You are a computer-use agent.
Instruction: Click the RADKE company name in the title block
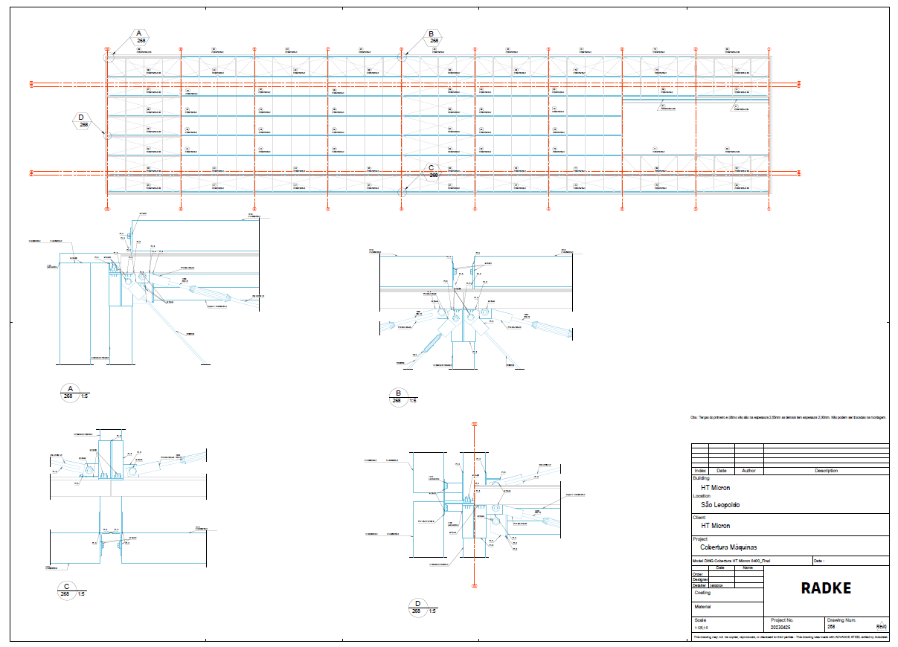pyautogui.click(x=826, y=588)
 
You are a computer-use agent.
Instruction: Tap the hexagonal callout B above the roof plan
pyautogui.click(x=431, y=36)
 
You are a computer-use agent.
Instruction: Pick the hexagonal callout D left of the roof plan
pyautogui.click(x=82, y=120)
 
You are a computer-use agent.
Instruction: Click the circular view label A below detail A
pyautogui.click(x=69, y=392)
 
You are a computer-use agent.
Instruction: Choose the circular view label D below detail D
pyautogui.click(x=418, y=607)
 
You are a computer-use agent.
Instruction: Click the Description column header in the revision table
pyautogui.click(x=826, y=471)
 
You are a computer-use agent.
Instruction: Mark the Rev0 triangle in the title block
pyautogui.click(x=882, y=626)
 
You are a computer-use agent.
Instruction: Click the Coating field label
pyautogui.click(x=702, y=593)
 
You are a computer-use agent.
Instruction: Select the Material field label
pyautogui.click(x=702, y=607)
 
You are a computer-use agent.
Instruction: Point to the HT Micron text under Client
pyautogui.click(x=711, y=526)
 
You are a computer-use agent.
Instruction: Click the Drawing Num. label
pyautogui.click(x=841, y=619)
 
